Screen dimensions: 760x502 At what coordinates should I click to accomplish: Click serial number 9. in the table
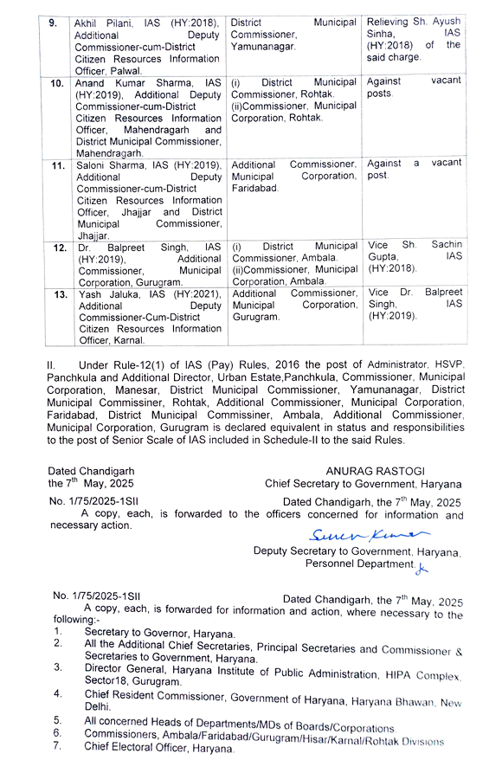(x=53, y=21)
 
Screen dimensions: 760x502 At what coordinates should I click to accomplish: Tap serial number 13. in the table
(x=59, y=293)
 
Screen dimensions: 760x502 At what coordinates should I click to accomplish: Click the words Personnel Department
(x=357, y=564)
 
